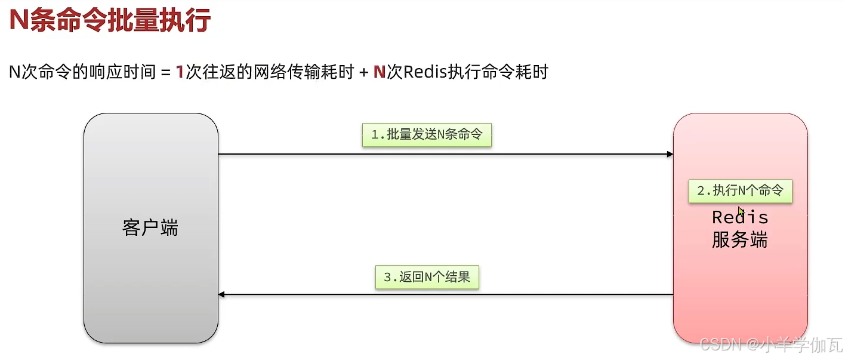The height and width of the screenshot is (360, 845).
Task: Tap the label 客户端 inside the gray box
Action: [150, 227]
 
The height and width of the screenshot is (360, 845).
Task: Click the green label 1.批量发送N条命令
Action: [426, 135]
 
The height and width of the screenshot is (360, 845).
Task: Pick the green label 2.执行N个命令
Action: [740, 191]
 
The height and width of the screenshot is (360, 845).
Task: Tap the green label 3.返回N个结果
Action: [427, 277]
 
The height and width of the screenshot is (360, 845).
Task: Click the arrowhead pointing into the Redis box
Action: [670, 154]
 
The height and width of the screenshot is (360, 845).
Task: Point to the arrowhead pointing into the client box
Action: [222, 294]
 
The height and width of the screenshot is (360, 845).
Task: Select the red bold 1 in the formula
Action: [180, 72]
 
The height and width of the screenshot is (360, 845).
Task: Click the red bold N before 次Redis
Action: [379, 72]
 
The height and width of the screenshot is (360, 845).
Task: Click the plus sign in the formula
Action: [362, 72]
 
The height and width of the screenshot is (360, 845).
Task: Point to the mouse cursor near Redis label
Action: [741, 211]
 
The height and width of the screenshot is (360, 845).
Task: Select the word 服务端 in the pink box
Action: [740, 239]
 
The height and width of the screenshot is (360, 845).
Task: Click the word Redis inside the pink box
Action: [740, 217]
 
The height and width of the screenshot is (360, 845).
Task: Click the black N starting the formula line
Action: [15, 72]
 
